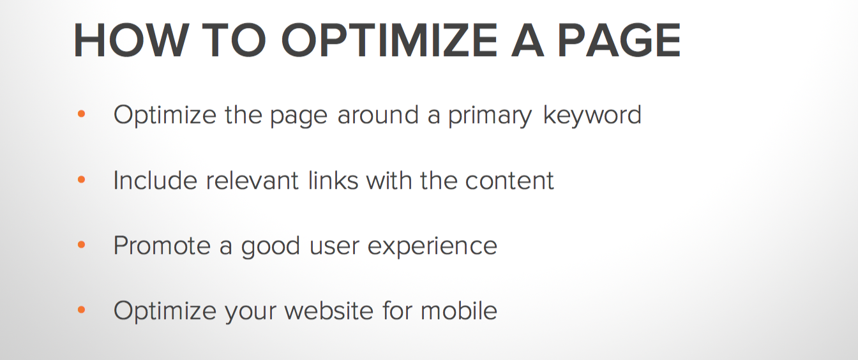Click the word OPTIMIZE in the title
pos(389,40)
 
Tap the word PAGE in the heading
pos(619,40)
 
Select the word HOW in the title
pos(131,40)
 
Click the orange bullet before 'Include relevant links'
pos(81,179)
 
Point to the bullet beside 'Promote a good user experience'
pos(81,244)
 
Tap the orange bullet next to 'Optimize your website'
pos(81,310)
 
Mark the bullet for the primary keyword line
pos(81,114)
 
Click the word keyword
pos(592,116)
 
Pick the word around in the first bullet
pos(378,114)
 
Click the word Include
pos(155,180)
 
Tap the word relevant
pos(252,180)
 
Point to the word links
pos(333,180)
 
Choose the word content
pos(509,181)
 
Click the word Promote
pos(162,245)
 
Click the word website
pos(329,310)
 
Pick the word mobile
pos(459,310)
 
